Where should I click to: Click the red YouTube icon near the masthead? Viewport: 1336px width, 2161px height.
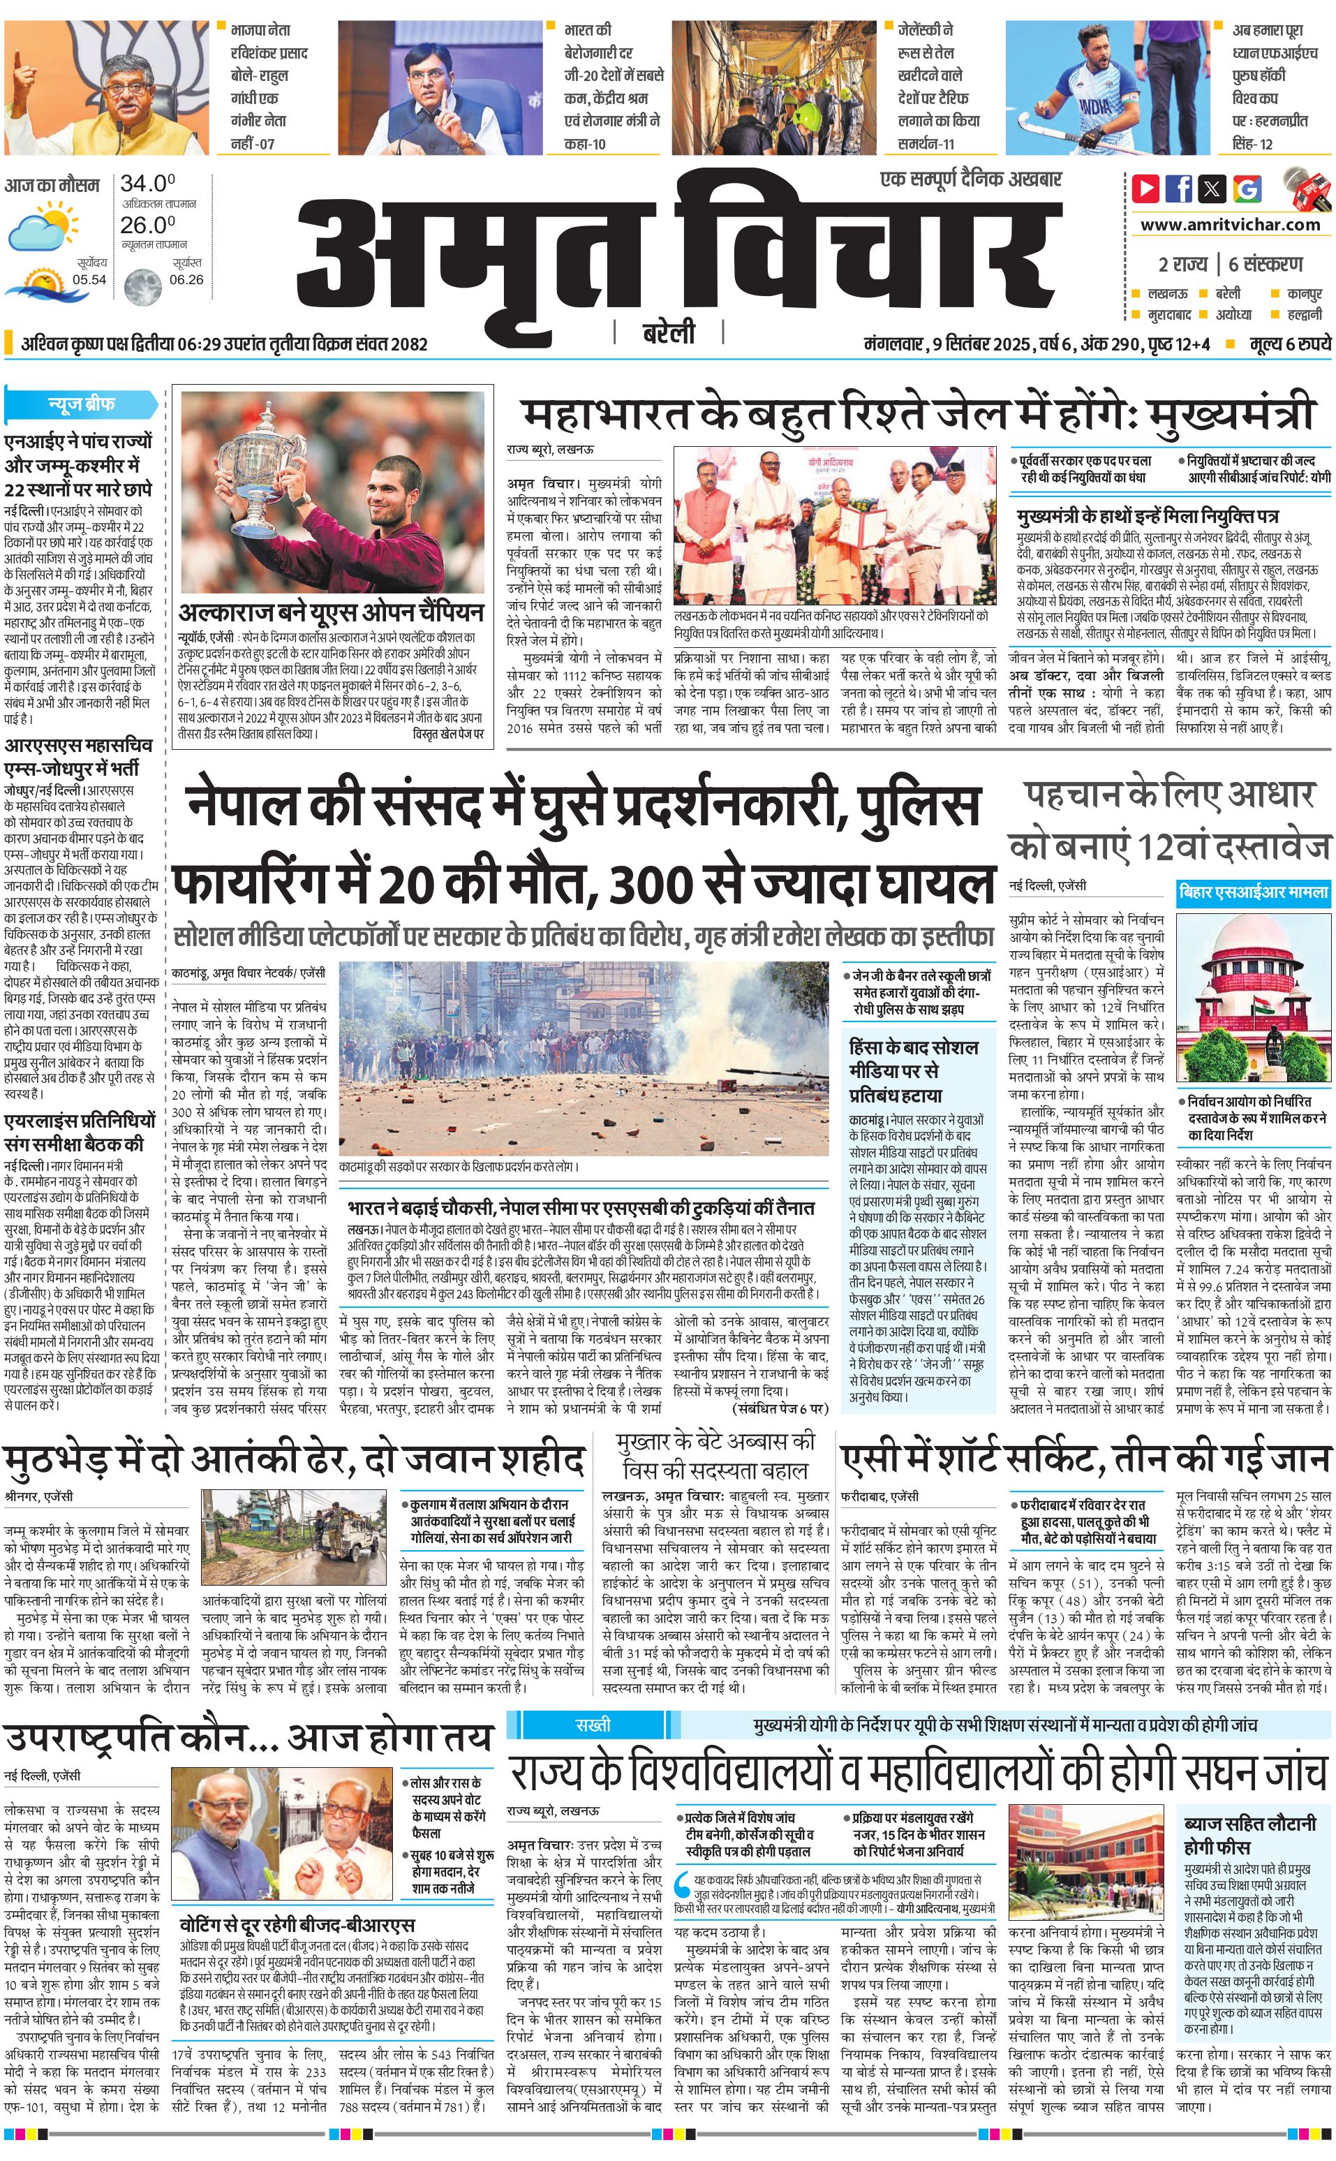coord(1146,189)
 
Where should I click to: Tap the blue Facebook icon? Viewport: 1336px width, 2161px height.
coord(1179,189)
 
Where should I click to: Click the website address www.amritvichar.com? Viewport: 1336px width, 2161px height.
coord(1230,225)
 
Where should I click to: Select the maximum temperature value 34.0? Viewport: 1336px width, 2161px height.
coord(147,184)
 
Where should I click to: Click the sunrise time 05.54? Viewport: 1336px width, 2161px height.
coord(89,280)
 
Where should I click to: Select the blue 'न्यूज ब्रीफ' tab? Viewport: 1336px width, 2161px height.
coord(81,404)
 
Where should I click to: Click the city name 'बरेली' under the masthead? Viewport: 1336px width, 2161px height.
coord(668,333)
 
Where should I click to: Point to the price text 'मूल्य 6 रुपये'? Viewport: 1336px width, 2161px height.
coord(1289,344)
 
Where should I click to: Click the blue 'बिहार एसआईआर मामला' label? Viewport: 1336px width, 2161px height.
coord(1253,893)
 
